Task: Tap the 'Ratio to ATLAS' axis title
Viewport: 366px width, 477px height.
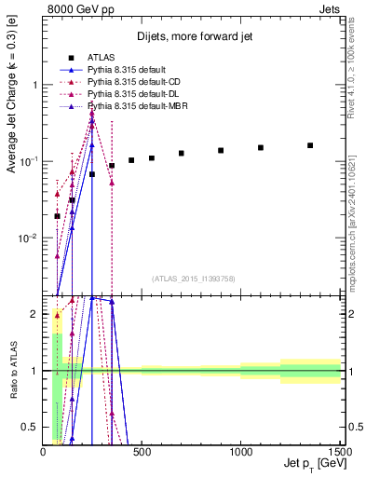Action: pyautogui.click(x=12, y=370)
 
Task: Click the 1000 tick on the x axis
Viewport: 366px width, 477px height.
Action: pyautogui.click(x=240, y=451)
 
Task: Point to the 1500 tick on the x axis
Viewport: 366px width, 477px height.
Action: pyautogui.click(x=339, y=451)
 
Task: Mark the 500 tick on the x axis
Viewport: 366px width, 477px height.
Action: pyautogui.click(x=142, y=451)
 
